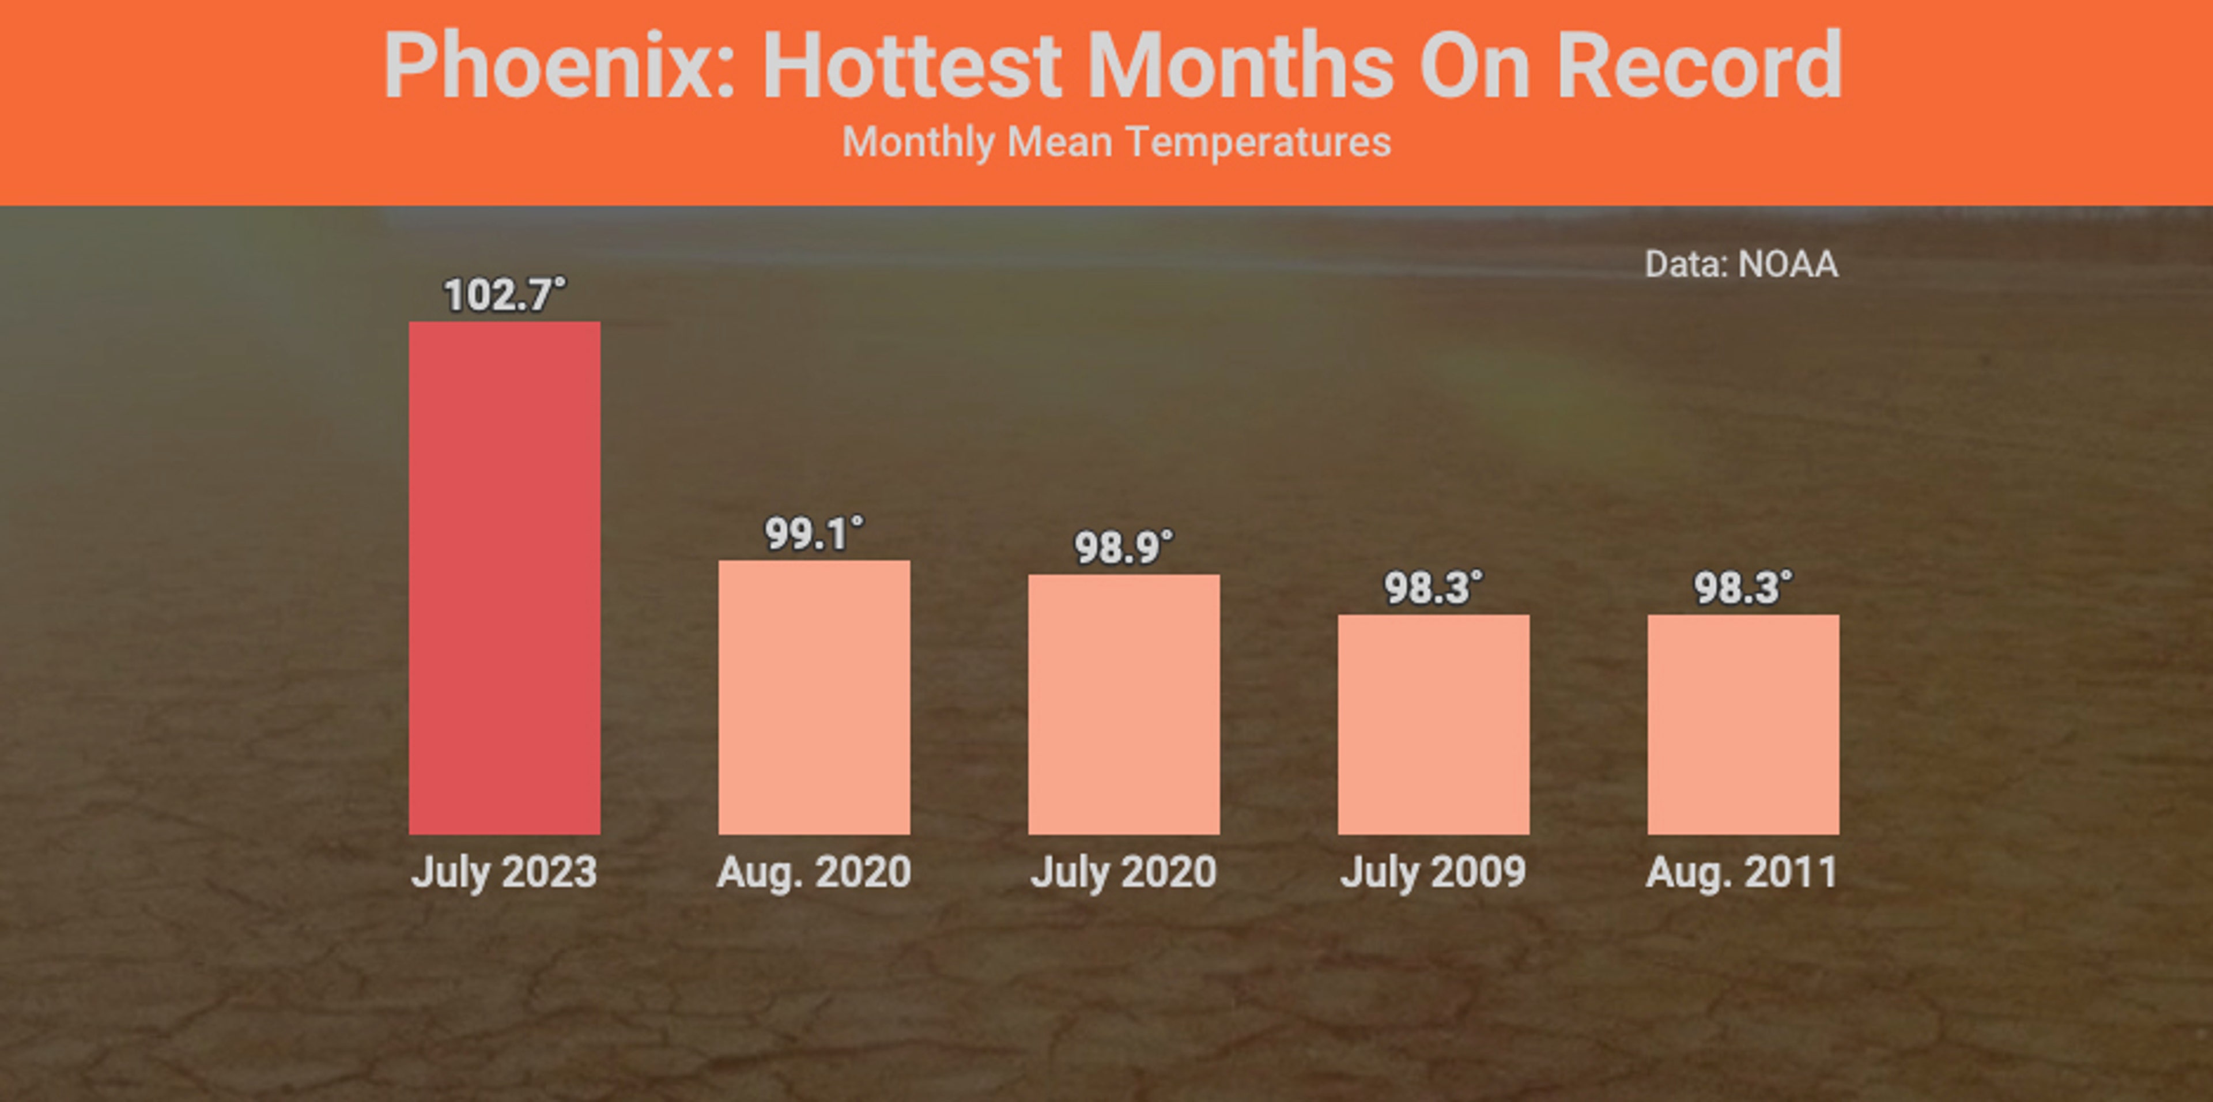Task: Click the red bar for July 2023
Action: tap(504, 577)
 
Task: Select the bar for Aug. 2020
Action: tap(814, 697)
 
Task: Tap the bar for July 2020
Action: tap(1124, 704)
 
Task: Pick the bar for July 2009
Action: tap(1433, 724)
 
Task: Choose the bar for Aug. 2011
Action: tap(1743, 724)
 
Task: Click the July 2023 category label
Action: tap(504, 872)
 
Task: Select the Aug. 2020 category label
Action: tap(814, 872)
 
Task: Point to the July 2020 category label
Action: tap(1124, 872)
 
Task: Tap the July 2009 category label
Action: tap(1433, 872)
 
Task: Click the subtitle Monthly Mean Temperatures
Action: tap(1116, 142)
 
